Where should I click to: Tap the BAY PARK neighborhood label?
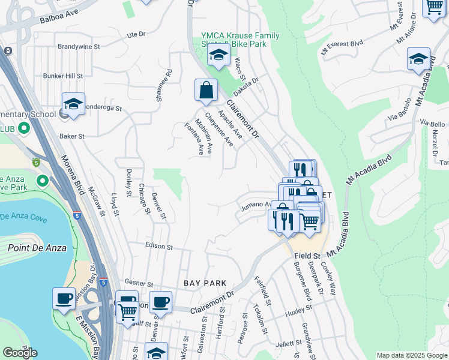click(x=205, y=283)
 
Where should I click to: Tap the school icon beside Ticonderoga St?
click(x=73, y=104)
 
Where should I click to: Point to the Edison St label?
click(x=158, y=247)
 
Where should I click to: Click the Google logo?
click(x=20, y=353)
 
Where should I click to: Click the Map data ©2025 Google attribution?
click(x=411, y=355)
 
